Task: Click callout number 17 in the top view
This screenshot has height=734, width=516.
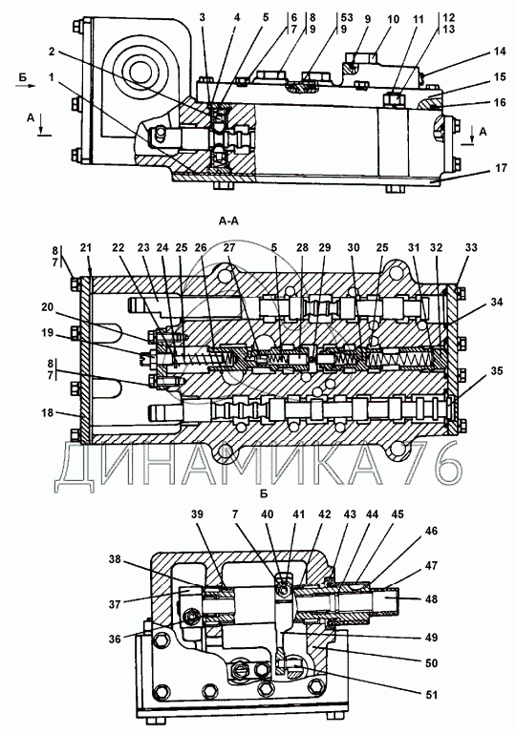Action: (501, 167)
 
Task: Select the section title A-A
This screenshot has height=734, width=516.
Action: (228, 220)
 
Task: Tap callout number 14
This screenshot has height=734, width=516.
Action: (501, 52)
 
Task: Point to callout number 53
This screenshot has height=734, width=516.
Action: (346, 18)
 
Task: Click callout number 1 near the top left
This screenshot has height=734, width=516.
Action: (52, 76)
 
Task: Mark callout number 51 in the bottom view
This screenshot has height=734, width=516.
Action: (431, 694)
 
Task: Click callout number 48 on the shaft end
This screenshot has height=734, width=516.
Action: (431, 598)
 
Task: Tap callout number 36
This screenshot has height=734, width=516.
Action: (116, 639)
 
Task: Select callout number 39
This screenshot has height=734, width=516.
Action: (197, 514)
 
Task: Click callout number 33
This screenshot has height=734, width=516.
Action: (470, 247)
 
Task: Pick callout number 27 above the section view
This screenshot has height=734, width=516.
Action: (230, 247)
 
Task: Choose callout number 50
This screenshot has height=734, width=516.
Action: (431, 662)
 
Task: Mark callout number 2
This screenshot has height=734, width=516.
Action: (52, 52)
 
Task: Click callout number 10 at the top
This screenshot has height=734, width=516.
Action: (393, 19)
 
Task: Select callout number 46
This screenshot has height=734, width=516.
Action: (431, 531)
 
